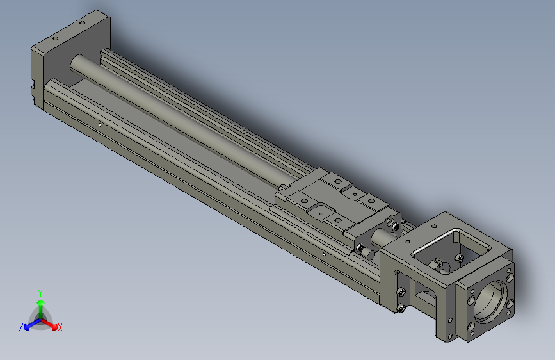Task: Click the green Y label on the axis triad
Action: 40,291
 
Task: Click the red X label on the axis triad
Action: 60,327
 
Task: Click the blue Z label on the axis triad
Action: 21,327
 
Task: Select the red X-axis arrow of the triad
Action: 52,323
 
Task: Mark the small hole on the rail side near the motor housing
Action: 325,254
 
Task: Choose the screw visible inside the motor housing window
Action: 458,258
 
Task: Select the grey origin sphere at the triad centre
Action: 40,318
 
